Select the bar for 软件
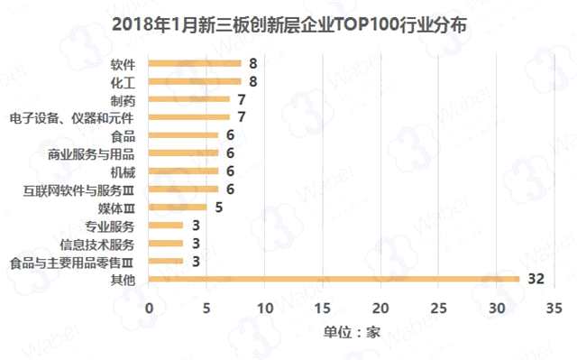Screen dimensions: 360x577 coord(194,63)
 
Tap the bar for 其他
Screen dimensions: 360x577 coord(333,279)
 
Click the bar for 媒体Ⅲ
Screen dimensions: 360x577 coord(177,207)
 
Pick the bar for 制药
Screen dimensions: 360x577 coord(188,99)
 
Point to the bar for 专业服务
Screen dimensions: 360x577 coord(165,225)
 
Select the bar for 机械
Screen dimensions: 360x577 coord(182,171)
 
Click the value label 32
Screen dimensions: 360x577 coord(536,280)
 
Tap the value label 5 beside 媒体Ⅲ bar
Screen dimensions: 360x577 coord(217,208)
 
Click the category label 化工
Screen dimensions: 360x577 coord(122,82)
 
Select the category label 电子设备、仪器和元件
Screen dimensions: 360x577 coord(71,117)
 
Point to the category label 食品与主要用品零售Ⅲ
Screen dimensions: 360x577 coord(71,262)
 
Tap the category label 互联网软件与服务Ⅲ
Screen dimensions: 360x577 coord(78,189)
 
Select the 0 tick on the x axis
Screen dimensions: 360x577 coord(149,307)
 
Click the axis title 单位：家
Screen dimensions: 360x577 coord(352,331)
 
